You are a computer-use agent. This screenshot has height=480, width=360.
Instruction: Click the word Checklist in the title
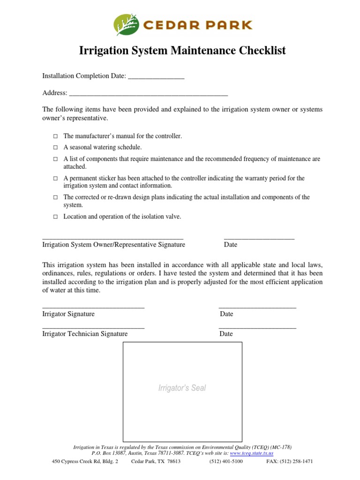pyautogui.click(x=257, y=51)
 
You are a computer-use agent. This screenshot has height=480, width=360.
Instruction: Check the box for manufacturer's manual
pyautogui.click(x=55, y=136)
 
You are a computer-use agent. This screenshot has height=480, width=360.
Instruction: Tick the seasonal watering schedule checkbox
pyautogui.click(x=55, y=148)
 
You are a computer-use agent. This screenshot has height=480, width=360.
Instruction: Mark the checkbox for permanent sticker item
pyautogui.click(x=55, y=179)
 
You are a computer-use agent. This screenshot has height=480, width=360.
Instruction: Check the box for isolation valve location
pyautogui.click(x=55, y=217)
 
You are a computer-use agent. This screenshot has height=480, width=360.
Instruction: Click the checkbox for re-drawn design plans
pyautogui.click(x=55, y=198)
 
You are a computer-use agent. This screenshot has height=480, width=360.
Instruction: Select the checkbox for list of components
pyautogui.click(x=55, y=159)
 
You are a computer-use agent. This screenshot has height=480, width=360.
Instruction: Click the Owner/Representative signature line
pyautogui.click(x=112, y=238)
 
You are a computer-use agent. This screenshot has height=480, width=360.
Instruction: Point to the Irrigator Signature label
pyautogui.click(x=68, y=314)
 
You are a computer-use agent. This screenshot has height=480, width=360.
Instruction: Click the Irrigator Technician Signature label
pyautogui.click(x=85, y=334)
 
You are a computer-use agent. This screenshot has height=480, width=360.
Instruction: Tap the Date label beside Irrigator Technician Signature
pyautogui.click(x=226, y=334)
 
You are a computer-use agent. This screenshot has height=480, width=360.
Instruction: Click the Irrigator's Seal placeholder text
pyautogui.click(x=182, y=388)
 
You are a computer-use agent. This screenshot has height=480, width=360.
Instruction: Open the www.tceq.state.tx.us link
pyautogui.click(x=251, y=453)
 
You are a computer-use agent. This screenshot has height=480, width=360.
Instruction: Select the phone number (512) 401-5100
pyautogui.click(x=226, y=461)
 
